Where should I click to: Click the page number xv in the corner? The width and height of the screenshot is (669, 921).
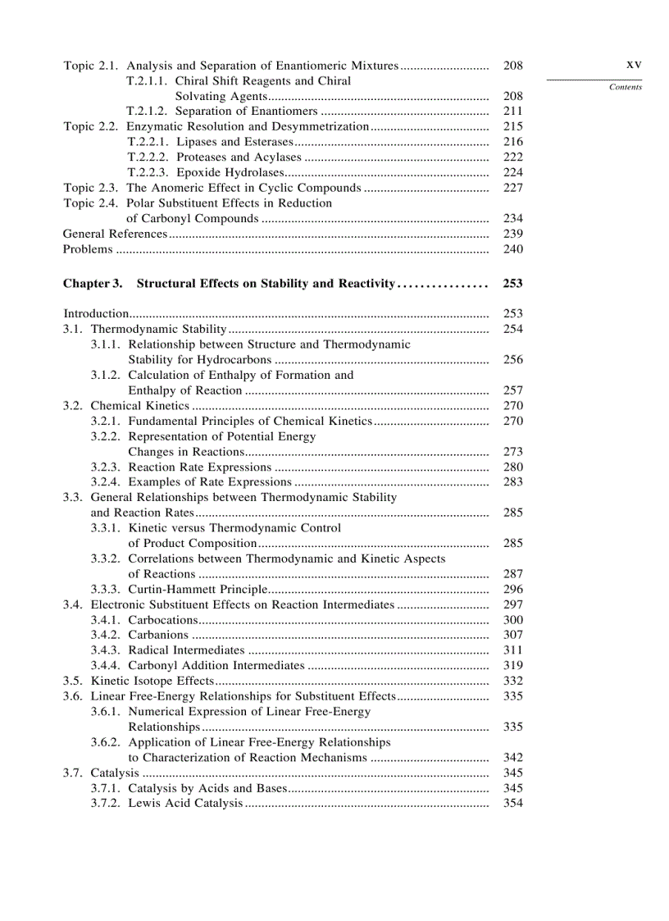[x=633, y=64]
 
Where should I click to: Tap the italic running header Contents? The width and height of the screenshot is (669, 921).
[x=626, y=87]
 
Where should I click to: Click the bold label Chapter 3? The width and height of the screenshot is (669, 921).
[x=93, y=284]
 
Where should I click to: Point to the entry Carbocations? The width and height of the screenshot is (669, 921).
[x=163, y=620]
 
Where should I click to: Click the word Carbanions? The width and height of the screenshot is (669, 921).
[x=158, y=635]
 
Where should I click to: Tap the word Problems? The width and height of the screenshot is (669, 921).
[x=88, y=249]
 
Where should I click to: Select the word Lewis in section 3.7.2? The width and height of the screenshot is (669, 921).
[x=143, y=803]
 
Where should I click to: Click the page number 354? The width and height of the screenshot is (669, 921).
[x=512, y=803]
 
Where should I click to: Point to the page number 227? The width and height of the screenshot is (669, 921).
[x=512, y=188]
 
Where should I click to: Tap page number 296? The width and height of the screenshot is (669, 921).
[x=512, y=589]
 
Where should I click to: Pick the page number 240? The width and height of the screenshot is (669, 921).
[x=512, y=249]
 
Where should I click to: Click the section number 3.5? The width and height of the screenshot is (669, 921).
[x=74, y=681]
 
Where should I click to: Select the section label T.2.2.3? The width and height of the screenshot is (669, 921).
[x=148, y=172]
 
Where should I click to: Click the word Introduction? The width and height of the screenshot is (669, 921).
[x=96, y=313]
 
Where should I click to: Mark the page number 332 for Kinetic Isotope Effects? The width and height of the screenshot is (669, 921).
[x=512, y=681]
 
